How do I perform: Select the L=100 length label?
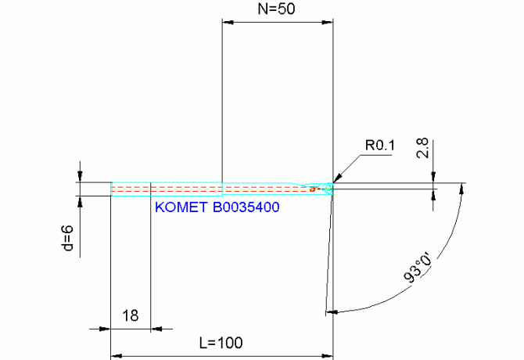[x=221, y=343]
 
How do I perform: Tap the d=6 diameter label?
[x=68, y=238]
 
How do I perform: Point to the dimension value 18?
[x=131, y=315]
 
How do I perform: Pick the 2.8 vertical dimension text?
[x=422, y=149]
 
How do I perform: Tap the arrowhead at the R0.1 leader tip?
[x=337, y=178]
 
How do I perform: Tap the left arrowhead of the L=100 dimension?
[x=116, y=356]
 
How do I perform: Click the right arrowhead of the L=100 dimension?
[x=328, y=356]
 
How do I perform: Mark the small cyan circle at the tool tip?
[x=328, y=189]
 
